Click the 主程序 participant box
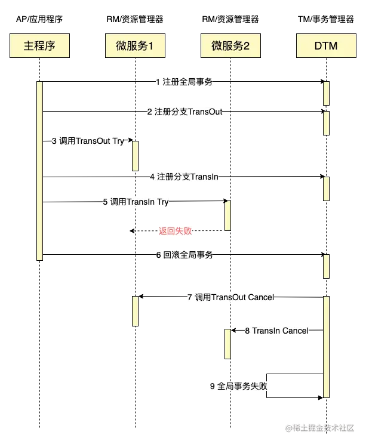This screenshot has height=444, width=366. point(39,46)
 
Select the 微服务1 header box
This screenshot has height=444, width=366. point(135,46)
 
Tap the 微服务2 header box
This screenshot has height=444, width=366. point(230,46)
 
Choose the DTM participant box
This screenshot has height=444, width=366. point(325,46)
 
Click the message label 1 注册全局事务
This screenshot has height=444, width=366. point(183,82)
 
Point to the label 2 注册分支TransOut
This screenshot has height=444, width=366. point(184,112)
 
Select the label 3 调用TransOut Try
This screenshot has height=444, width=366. point(87,141)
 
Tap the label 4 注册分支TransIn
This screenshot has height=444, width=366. point(184,177)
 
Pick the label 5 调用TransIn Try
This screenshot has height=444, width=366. point(136,202)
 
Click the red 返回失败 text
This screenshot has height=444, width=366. point(176,231)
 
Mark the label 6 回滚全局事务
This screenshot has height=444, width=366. point(184,255)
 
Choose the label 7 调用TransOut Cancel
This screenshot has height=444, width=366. point(232,297)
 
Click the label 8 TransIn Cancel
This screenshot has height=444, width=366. point(277,331)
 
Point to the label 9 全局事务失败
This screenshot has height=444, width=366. point(239,386)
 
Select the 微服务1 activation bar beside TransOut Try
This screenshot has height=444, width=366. point(135,156)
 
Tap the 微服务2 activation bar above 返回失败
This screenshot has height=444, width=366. point(229,216)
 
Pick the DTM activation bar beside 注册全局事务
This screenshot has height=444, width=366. point(326,93)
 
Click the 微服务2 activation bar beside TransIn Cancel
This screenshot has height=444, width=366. point(229,344)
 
